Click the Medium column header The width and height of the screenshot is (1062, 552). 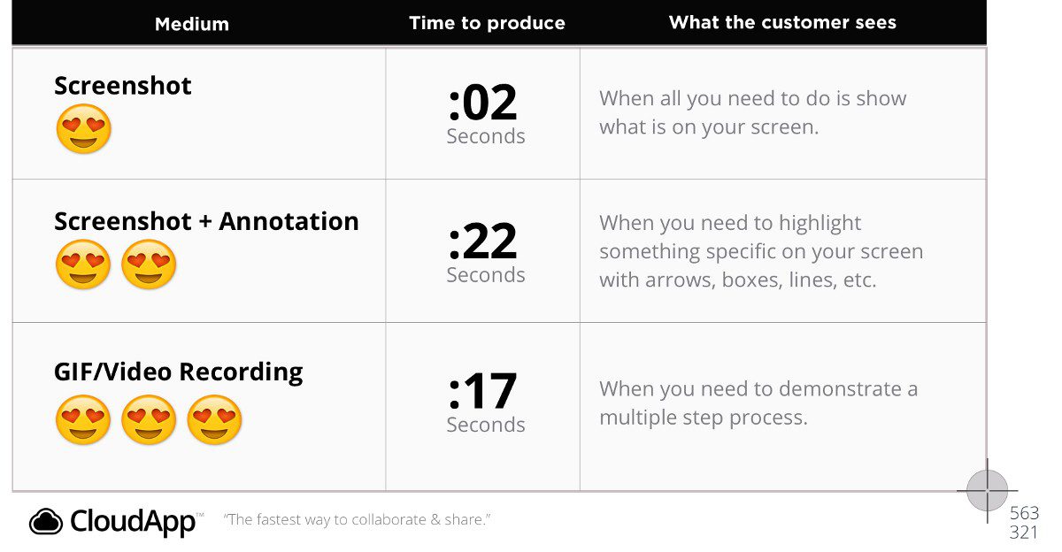[x=191, y=24]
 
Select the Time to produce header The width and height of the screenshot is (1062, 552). [x=487, y=23]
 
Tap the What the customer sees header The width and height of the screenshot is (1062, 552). [x=782, y=22]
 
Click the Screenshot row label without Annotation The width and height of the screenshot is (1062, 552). [x=123, y=86]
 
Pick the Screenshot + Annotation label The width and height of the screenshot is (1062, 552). [x=206, y=221]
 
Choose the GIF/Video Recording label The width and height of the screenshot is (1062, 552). [x=178, y=372]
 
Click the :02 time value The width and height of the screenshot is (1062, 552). [x=482, y=102]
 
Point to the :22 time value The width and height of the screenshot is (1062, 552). [x=482, y=241]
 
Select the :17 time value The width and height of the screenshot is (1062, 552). [x=482, y=391]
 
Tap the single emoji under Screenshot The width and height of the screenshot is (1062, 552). [x=83, y=129]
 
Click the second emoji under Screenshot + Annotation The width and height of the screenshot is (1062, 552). [x=149, y=264]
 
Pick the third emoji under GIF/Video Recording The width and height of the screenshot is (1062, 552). [x=214, y=420]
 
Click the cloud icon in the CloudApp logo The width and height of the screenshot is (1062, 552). [x=45, y=522]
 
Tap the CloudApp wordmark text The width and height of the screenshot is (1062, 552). [x=133, y=522]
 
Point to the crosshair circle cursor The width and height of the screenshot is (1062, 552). [x=988, y=491]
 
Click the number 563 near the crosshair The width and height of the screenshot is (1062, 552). [x=1025, y=513]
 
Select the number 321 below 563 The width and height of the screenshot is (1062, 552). [x=1024, y=533]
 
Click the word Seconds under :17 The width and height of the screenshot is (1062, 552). [x=486, y=425]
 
